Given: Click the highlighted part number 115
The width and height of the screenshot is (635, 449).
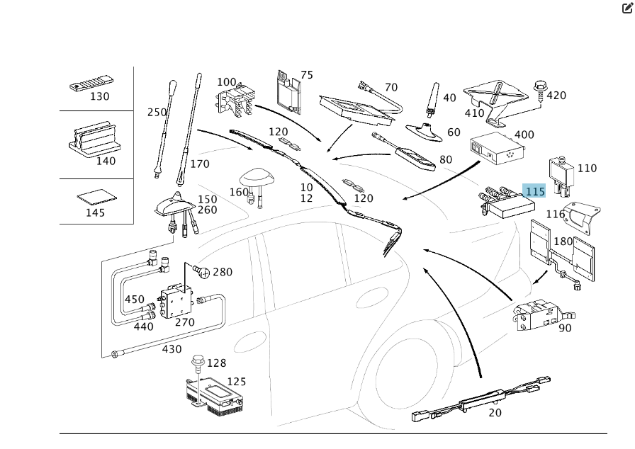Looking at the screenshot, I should click(x=534, y=191).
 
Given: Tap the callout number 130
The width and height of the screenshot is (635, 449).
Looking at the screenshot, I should click(x=99, y=97).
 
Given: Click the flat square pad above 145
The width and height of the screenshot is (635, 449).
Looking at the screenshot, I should click(x=95, y=195).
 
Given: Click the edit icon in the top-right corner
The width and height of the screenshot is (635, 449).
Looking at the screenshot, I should click(x=626, y=8).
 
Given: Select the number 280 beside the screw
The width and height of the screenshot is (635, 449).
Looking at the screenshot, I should click(x=223, y=272).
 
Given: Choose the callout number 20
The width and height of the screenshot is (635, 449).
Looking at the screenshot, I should click(x=495, y=413).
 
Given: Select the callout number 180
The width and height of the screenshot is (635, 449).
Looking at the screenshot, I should click(x=563, y=241).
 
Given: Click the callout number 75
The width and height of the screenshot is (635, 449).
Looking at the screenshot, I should click(x=306, y=75).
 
